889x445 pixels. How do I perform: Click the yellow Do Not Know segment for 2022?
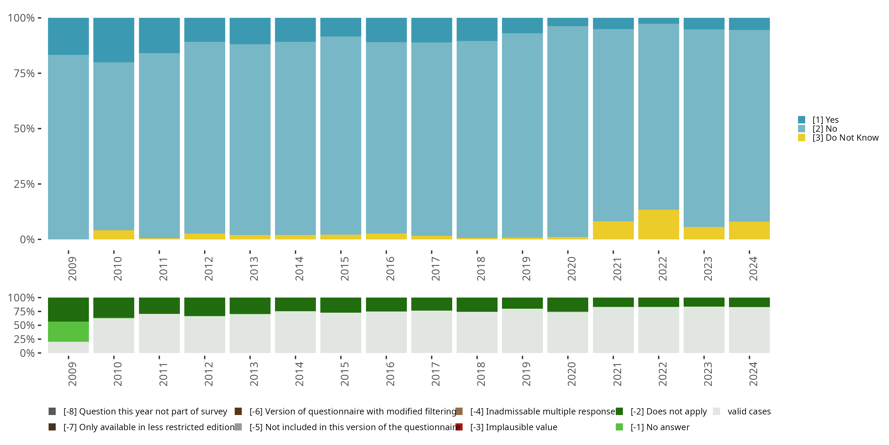tap(658, 225)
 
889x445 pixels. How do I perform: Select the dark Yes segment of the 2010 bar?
tap(113, 40)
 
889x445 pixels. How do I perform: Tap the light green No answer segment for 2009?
tap(68, 332)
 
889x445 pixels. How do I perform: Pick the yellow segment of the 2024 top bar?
tap(749, 231)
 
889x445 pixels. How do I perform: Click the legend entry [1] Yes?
tap(825, 120)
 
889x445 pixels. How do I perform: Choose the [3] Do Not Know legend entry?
tap(845, 138)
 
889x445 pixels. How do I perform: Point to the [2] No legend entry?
tap(824, 129)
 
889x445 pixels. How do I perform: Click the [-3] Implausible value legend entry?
tap(513, 427)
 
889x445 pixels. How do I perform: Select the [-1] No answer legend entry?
tap(660, 427)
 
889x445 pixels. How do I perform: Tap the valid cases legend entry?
tap(749, 411)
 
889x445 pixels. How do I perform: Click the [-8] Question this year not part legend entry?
tap(145, 411)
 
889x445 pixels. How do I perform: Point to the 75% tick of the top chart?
tap(24, 73)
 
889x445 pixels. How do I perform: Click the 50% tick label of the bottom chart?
tap(24, 325)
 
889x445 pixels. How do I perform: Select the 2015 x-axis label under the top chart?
tap(344, 268)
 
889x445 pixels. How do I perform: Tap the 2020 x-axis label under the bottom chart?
tap(572, 374)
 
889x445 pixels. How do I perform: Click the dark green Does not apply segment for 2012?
tap(205, 306)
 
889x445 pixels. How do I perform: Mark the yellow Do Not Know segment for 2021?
tap(613, 230)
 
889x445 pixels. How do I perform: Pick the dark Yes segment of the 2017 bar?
tap(431, 30)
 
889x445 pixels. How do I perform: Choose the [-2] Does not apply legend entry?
tap(668, 411)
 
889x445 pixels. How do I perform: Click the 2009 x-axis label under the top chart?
tap(72, 268)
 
